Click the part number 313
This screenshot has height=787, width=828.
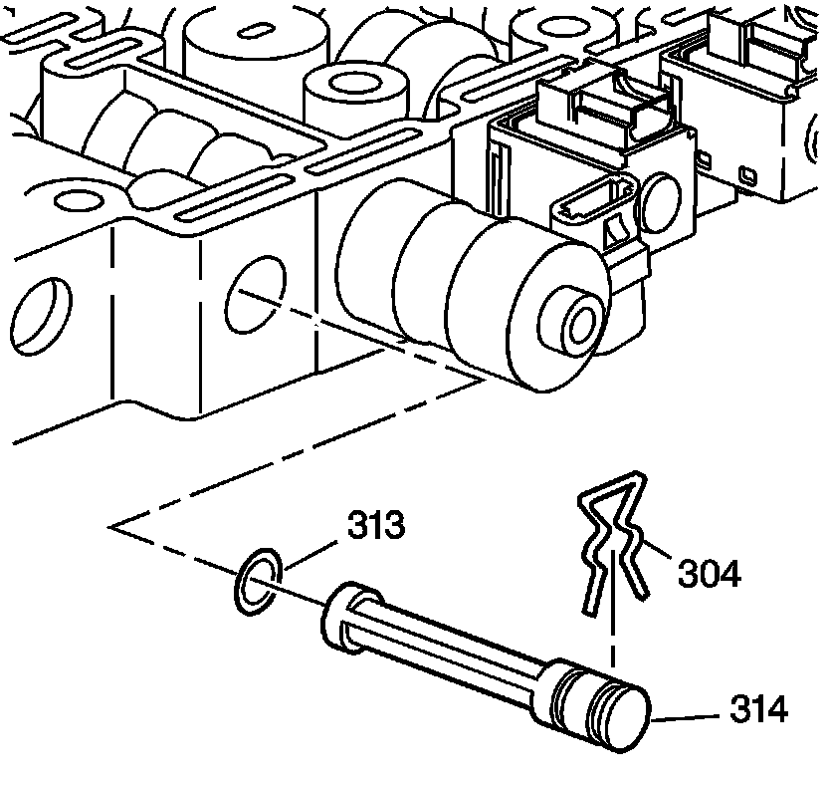coord(375,525)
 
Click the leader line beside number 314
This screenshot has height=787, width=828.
coord(687,713)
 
